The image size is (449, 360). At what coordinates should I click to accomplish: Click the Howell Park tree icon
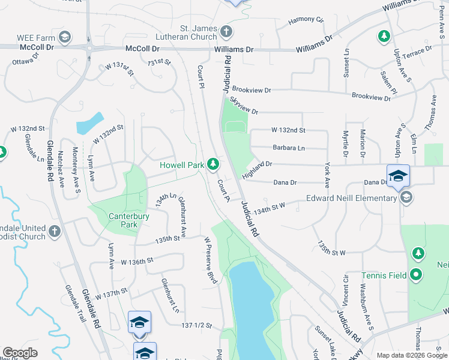[213, 164]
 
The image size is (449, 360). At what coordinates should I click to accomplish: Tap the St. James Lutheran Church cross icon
[226, 31]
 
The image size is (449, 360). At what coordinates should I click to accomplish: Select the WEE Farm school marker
[65, 38]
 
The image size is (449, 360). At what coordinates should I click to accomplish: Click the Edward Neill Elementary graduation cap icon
[406, 197]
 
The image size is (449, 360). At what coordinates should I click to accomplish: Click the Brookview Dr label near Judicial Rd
[252, 89]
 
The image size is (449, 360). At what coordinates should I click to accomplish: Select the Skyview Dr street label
[243, 108]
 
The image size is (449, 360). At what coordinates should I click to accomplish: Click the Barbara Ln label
[288, 147]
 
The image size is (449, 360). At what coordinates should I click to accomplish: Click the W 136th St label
[137, 262]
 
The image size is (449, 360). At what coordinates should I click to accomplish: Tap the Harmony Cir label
[306, 20]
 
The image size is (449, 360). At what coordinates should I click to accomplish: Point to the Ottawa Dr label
[25, 60]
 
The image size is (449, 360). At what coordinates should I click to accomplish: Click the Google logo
[20, 353]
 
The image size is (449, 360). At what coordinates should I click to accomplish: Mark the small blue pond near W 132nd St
[89, 124]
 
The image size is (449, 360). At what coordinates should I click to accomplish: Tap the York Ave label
[327, 175]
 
